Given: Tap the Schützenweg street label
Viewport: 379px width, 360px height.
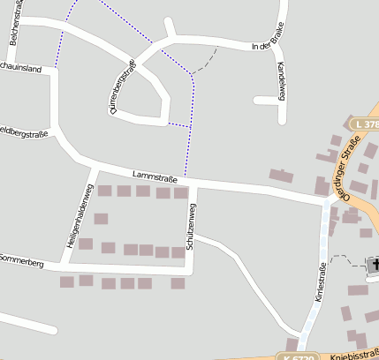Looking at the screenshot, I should [x=191, y=226].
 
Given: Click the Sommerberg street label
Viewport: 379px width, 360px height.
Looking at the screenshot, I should [x=21, y=260].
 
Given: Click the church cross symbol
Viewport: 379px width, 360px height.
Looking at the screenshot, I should [x=374, y=264].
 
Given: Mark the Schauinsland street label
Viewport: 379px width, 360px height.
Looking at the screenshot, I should [x=21, y=68].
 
